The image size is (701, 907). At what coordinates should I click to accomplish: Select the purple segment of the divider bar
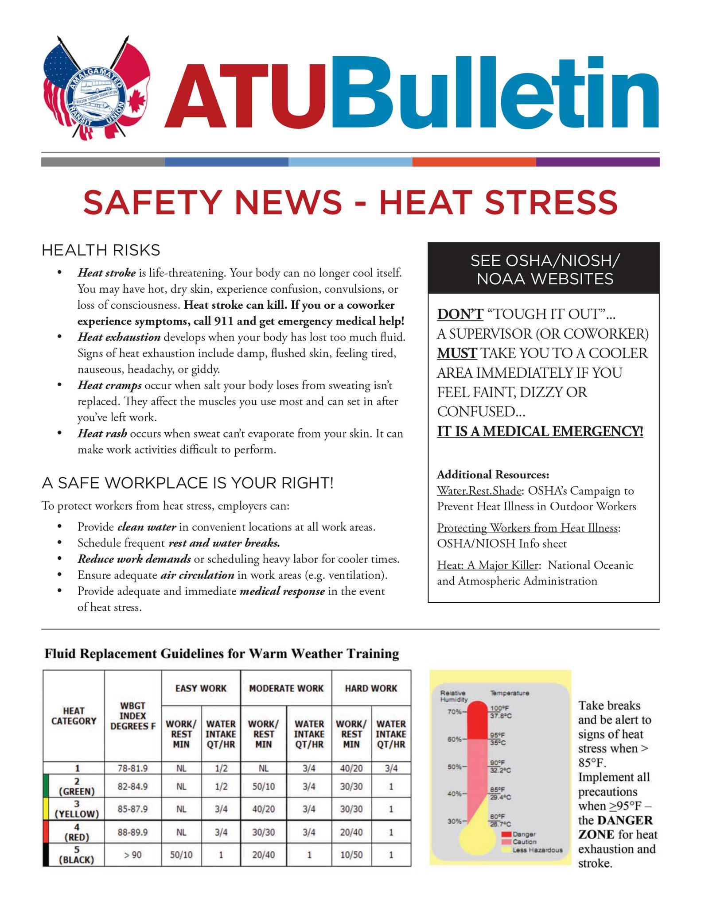(597, 162)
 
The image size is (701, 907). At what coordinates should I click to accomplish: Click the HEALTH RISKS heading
(101, 250)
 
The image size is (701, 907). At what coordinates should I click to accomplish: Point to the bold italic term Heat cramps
(109, 385)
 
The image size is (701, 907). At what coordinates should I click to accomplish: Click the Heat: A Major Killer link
(487, 565)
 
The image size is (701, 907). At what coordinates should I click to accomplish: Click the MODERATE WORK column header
(286, 688)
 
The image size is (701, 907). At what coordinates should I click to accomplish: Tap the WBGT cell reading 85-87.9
(133, 809)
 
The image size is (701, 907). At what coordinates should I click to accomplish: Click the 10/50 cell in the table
(351, 855)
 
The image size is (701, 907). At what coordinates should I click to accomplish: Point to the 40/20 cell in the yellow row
(263, 809)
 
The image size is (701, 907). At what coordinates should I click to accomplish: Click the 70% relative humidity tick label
(454, 712)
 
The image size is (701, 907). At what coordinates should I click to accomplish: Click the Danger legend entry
(524, 834)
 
